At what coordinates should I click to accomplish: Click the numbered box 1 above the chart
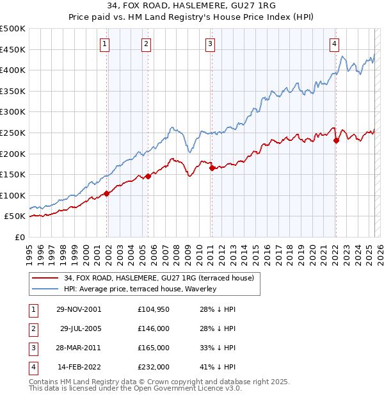click(104, 44)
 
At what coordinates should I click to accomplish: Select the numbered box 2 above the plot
click(146, 44)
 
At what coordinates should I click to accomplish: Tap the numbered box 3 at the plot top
click(210, 44)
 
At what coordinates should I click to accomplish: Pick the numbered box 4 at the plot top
click(334, 44)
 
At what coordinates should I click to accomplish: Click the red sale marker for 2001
click(107, 193)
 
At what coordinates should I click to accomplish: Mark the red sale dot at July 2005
click(148, 176)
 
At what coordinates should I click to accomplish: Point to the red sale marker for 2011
click(212, 168)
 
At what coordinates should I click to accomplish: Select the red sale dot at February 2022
click(336, 141)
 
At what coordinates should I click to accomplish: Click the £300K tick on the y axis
click(13, 112)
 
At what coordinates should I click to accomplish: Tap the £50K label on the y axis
click(15, 216)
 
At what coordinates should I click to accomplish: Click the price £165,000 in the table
click(154, 348)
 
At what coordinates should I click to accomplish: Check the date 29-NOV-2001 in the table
click(79, 309)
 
